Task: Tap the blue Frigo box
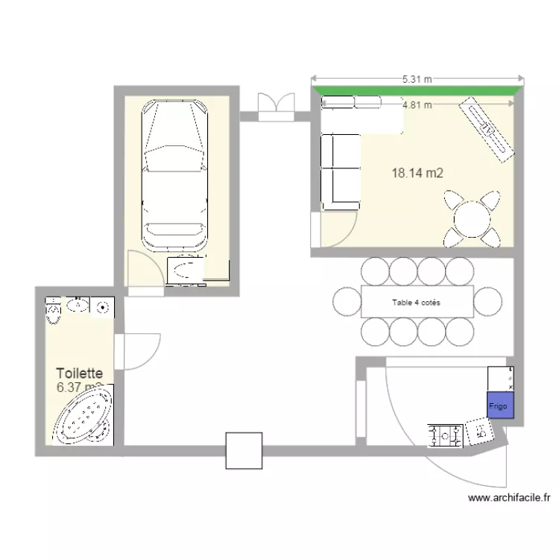point(499,405)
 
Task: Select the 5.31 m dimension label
point(417,78)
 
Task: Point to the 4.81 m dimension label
point(417,105)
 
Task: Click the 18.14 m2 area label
point(417,173)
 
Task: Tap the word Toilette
point(79,373)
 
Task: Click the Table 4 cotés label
point(416,302)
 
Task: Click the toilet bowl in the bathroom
point(53,312)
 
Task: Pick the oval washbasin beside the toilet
point(78,304)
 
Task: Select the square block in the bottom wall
point(244,450)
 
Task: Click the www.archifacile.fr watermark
point(509,497)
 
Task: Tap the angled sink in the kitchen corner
point(479,430)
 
